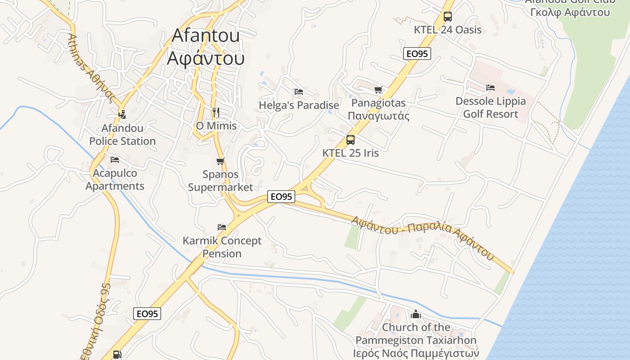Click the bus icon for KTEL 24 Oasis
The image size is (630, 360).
point(447,17)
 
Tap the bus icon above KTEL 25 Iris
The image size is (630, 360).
point(351,140)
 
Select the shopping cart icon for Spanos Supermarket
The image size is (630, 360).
point(220,161)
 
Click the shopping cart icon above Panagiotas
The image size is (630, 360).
point(378,90)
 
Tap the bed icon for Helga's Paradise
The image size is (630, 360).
point(298,92)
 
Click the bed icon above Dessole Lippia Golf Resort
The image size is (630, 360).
point(490,87)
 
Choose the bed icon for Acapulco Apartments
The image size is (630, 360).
point(115,159)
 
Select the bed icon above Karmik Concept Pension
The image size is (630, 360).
point(222,227)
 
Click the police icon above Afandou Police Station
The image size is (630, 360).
point(122,115)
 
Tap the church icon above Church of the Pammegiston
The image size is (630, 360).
point(416,314)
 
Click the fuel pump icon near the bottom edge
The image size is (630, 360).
point(117,355)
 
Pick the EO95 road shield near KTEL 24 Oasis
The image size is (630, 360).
point(417,54)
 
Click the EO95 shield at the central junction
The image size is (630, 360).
point(281,197)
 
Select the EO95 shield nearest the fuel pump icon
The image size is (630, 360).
point(147,314)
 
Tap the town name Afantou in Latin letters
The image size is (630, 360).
point(206,36)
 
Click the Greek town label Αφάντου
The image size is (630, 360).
point(206,58)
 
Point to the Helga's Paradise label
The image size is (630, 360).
point(299,105)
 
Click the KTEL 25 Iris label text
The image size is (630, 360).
point(351,153)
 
